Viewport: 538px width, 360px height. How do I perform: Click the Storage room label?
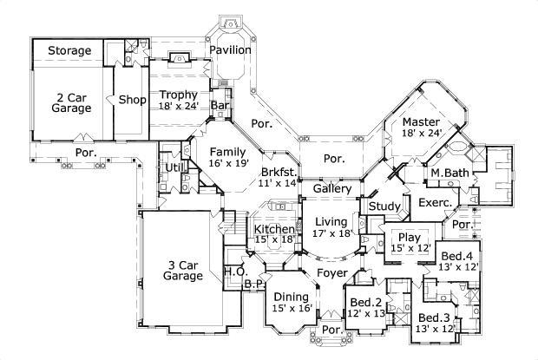(x=69, y=51)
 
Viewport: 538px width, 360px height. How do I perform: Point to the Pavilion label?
(x=230, y=49)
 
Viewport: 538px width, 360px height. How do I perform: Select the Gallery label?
(x=331, y=188)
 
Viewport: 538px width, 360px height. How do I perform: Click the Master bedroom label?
(x=422, y=121)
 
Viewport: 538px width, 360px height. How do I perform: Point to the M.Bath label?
(x=449, y=173)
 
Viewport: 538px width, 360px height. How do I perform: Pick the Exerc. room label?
(x=435, y=203)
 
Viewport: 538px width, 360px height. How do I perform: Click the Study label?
(x=383, y=206)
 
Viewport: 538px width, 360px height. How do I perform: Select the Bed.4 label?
(x=456, y=257)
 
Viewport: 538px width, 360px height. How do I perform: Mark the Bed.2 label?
(x=367, y=303)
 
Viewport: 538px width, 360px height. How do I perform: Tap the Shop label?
(x=132, y=99)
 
